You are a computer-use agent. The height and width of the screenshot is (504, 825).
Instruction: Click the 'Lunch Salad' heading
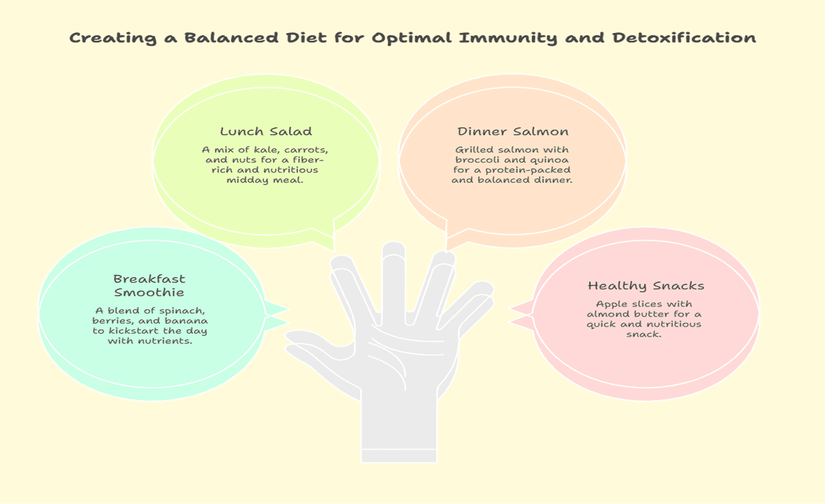pos(266,132)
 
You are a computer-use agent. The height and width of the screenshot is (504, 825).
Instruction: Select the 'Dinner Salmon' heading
pos(513,132)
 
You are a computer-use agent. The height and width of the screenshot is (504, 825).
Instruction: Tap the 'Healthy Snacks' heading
pos(646,286)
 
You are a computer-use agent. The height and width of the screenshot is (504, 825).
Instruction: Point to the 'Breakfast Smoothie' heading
pos(149,285)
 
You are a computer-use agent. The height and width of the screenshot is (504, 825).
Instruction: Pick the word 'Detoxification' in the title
pos(685,38)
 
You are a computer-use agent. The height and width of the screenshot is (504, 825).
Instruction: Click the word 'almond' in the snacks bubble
pos(607,314)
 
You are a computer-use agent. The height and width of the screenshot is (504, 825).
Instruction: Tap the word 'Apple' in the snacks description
pos(611,304)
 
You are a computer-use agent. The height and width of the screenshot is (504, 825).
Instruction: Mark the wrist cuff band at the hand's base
pos(399,455)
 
